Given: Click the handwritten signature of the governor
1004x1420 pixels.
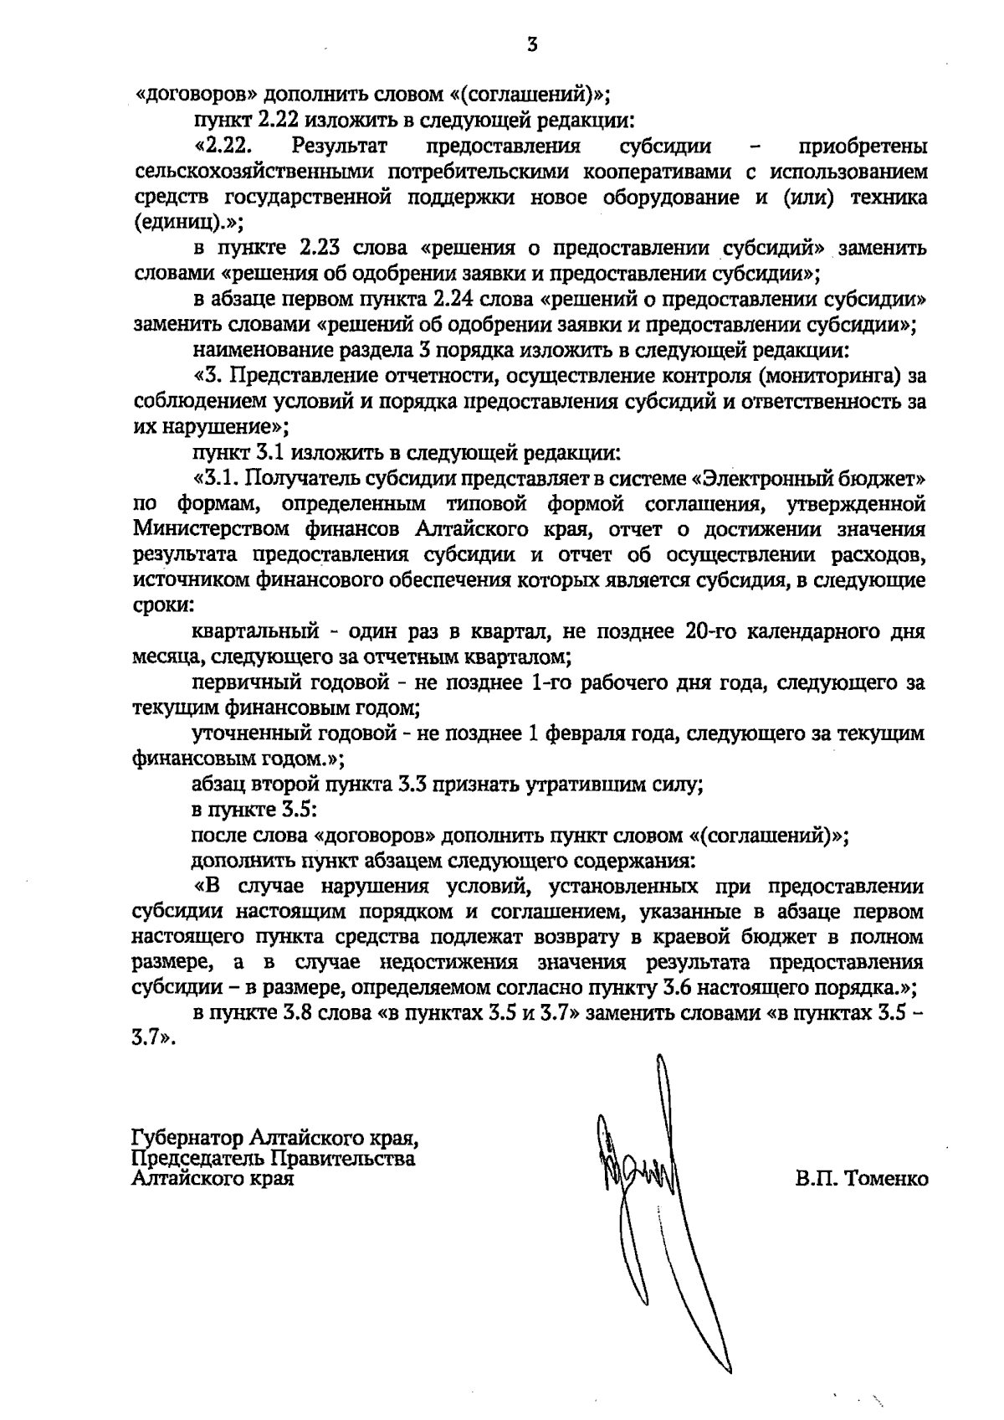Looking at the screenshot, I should tap(644, 1172).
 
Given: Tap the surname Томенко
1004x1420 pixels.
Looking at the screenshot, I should tap(887, 1179).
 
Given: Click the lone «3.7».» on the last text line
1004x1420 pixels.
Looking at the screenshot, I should tap(156, 1037).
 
